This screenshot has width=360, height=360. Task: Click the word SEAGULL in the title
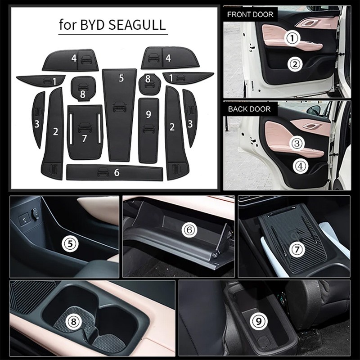(137, 25)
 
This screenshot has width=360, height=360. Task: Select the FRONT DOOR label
(250, 14)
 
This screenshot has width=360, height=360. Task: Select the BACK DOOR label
(249, 109)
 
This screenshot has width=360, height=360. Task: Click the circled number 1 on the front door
(292, 38)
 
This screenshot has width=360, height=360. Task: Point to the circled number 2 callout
(295, 64)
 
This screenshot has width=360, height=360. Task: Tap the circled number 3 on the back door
(297, 143)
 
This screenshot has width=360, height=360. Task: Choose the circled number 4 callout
(301, 166)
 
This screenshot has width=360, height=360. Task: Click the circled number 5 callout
(70, 243)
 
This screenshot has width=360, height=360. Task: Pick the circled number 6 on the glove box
(189, 229)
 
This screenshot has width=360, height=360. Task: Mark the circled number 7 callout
(297, 249)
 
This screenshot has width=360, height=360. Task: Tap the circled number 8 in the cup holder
(73, 321)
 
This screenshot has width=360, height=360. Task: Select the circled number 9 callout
(258, 321)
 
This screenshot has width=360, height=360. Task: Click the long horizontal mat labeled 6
(115, 172)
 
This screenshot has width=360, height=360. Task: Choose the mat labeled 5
(119, 115)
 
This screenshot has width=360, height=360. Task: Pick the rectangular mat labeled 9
(148, 130)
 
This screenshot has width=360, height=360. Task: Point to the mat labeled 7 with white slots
(85, 132)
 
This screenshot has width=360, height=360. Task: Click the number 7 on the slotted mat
(85, 138)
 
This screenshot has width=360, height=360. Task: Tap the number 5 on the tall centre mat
(121, 78)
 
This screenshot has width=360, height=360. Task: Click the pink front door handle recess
(310, 23)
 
